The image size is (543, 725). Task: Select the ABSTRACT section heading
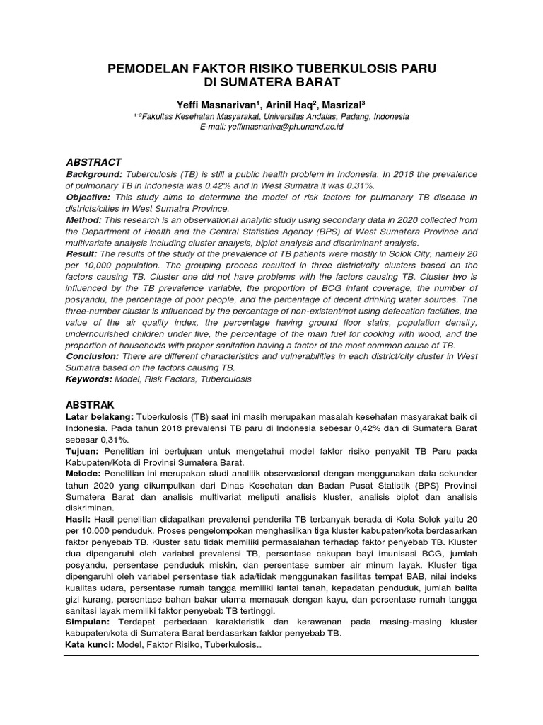(94, 162)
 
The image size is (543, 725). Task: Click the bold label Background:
(95, 174)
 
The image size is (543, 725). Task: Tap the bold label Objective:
(88, 196)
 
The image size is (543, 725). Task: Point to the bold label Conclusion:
(92, 356)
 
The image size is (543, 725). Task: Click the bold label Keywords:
(89, 379)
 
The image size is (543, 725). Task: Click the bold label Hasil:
(78, 518)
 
